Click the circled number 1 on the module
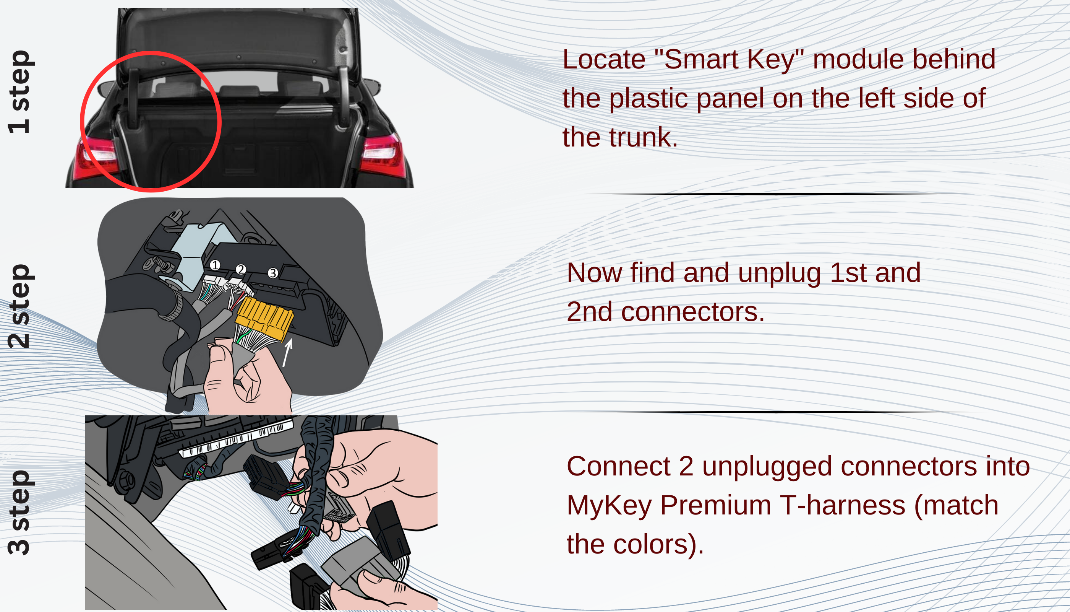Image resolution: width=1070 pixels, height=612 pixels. point(215,265)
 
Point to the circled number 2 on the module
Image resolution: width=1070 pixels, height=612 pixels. point(241,269)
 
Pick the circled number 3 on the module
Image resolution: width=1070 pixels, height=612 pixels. point(273,273)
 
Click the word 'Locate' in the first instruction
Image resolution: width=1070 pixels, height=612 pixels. point(604,59)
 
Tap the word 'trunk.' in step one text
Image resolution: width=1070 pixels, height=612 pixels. point(643,137)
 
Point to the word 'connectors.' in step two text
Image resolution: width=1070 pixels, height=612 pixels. point(693,312)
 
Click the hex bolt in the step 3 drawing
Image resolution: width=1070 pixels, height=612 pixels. point(126,479)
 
